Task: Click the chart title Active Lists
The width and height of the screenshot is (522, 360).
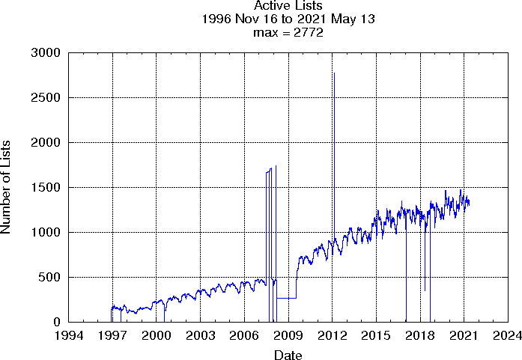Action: click(x=288, y=7)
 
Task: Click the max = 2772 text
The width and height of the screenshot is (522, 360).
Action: click(x=288, y=33)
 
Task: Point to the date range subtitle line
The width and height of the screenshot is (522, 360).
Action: click(x=288, y=20)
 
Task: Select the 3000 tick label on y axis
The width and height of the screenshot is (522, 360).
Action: click(x=47, y=53)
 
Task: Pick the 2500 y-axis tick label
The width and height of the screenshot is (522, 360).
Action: click(x=47, y=98)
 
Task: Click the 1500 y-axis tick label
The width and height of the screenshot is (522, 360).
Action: click(x=47, y=188)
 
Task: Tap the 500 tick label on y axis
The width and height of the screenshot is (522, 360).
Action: click(x=50, y=278)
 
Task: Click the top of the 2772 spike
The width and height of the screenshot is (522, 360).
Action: click(x=334, y=73)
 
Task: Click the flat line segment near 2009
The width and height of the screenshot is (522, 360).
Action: click(x=286, y=298)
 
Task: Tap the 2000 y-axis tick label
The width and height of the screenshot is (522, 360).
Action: click(x=47, y=143)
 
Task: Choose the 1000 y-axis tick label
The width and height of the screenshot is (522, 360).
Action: click(x=47, y=233)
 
